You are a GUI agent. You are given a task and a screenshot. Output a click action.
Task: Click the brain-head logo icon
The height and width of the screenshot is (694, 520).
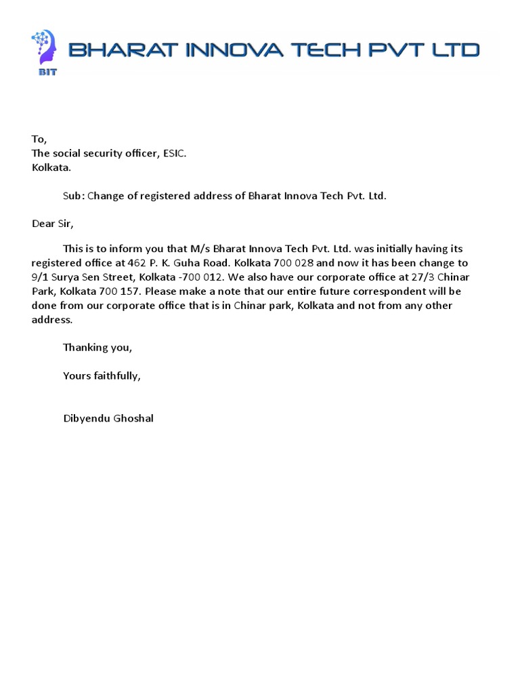coord(43,47)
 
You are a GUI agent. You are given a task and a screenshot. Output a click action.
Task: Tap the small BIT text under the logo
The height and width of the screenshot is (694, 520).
coord(47,72)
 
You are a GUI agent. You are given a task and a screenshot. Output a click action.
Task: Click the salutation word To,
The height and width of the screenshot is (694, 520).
coord(39,140)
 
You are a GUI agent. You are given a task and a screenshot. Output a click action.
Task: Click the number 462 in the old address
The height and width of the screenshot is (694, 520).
coord(137,263)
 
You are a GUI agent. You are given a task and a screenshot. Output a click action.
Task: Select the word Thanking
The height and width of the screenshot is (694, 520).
coord(86,347)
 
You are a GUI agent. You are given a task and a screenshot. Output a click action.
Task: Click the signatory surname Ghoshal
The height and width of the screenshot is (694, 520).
coord(135,418)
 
